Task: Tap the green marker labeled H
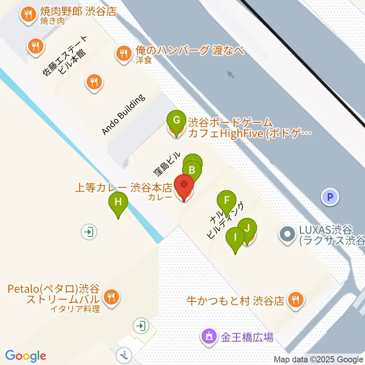click(118, 202)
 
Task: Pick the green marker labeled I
click(235, 238)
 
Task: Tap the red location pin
click(184, 186)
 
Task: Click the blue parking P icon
click(330, 197)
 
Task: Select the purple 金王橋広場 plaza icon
click(209, 336)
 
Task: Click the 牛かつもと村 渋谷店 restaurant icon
click(295, 300)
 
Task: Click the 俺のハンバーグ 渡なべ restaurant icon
click(123, 53)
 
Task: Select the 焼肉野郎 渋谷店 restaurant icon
click(28, 15)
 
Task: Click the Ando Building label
click(124, 114)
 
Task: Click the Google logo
click(25, 356)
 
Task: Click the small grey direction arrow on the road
click(231, 75)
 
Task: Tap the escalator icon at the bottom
click(124, 355)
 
